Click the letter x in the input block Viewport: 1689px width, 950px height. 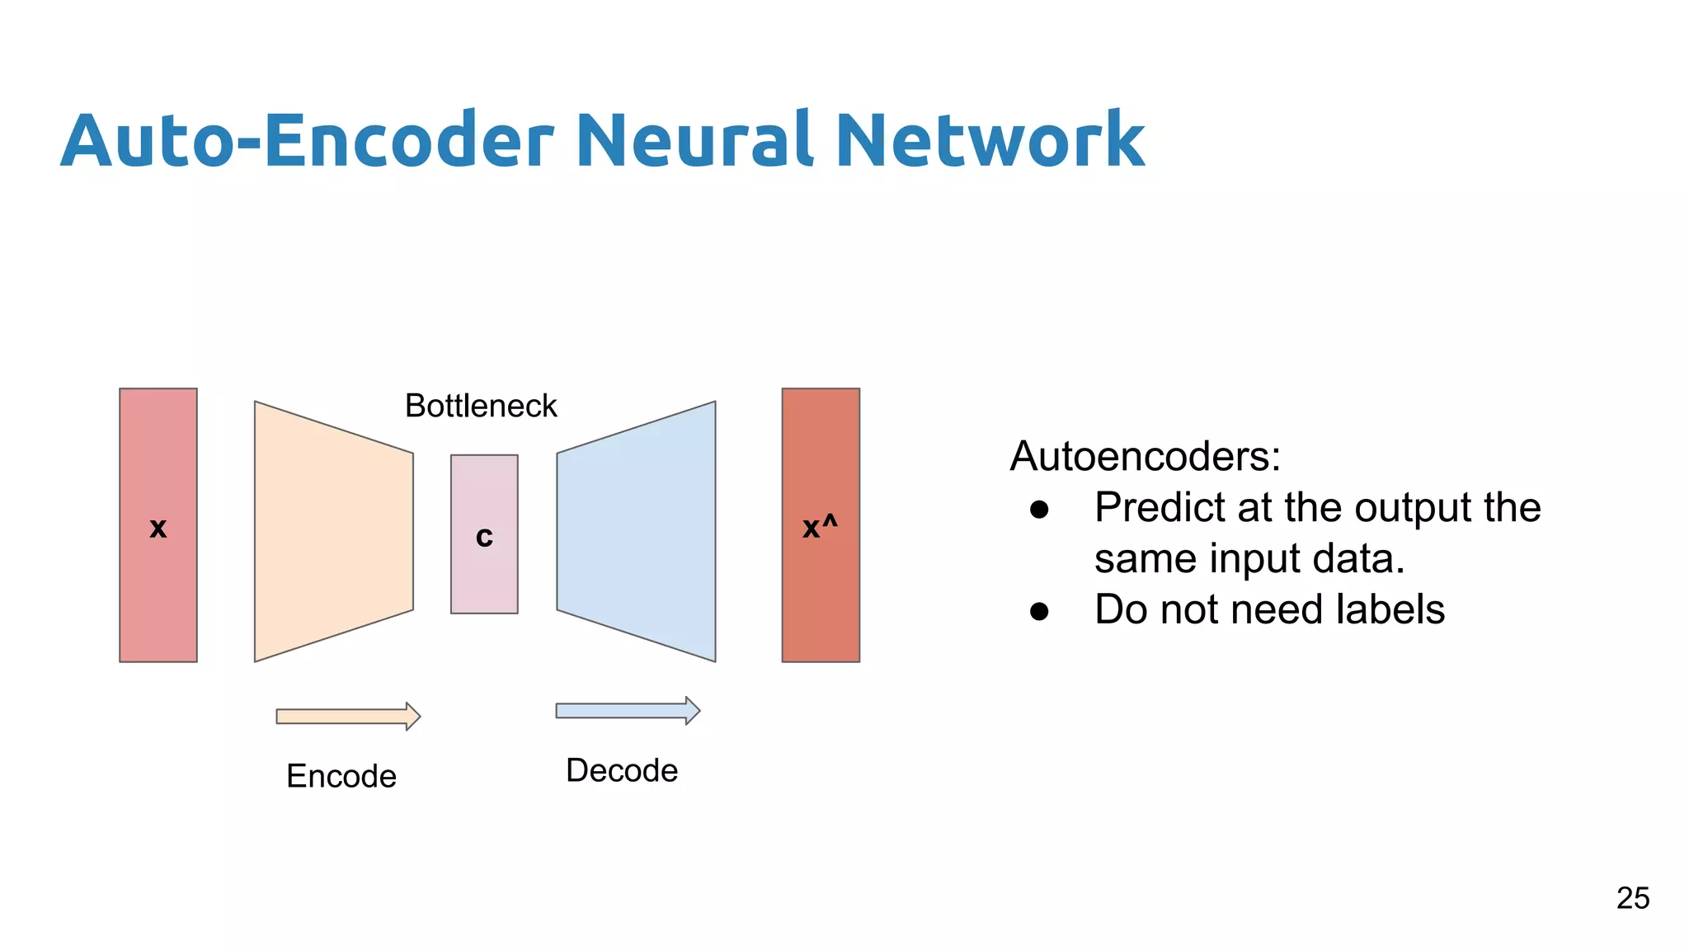tap(158, 529)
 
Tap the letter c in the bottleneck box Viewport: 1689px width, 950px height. tap(484, 538)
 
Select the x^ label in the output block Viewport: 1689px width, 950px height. tap(820, 526)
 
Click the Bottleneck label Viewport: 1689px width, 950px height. tap(481, 406)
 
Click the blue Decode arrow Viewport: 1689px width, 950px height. tap(628, 710)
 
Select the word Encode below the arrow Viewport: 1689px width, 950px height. tap(341, 776)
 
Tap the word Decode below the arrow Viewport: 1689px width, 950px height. tap(622, 770)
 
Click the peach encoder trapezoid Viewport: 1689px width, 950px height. tap(333, 532)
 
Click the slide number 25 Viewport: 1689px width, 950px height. tap(1632, 898)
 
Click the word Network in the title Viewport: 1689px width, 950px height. tap(990, 140)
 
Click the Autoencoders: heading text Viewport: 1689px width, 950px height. tap(1146, 456)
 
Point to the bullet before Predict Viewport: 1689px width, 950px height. tap(1039, 510)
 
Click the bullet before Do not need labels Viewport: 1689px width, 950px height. tap(1039, 611)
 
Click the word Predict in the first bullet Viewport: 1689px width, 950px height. tap(1160, 508)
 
